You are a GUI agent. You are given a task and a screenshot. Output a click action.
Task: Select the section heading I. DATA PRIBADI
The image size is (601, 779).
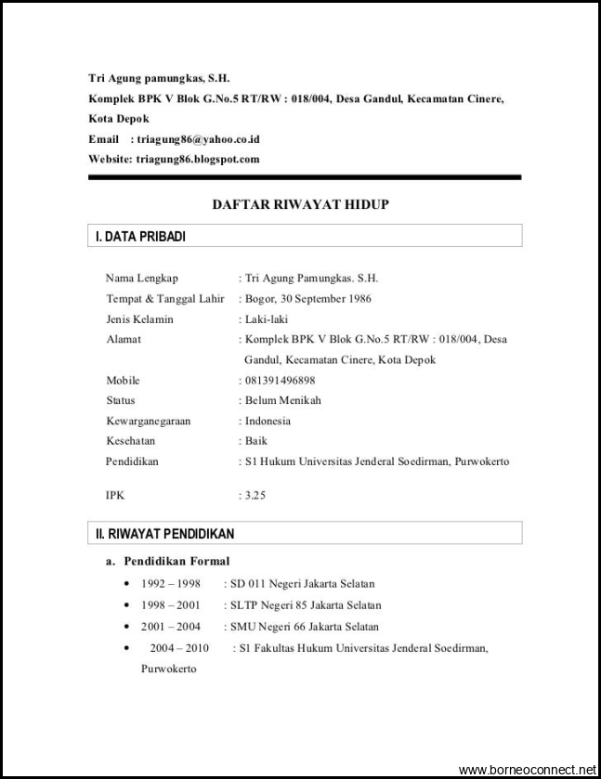140,237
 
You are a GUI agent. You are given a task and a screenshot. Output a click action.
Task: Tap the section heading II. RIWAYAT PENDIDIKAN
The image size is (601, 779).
165,534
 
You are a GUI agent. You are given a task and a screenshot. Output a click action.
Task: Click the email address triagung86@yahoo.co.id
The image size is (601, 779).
198,139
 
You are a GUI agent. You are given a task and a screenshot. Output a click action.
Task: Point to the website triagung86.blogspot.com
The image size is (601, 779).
198,159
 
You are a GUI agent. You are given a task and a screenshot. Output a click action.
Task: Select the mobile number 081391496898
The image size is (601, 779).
279,380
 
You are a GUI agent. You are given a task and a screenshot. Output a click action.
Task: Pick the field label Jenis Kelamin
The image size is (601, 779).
139,318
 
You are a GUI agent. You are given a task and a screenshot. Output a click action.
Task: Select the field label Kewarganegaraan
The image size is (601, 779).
148,421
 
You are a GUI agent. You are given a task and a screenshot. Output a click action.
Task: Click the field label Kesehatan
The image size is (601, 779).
130,441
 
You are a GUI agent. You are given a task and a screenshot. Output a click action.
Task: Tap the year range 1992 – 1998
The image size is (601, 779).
171,584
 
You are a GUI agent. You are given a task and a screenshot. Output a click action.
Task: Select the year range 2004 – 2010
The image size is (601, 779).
179,648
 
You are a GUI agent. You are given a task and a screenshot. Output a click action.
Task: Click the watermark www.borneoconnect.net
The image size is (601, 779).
528,770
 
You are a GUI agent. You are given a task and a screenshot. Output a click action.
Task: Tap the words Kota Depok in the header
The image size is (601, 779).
119,119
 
